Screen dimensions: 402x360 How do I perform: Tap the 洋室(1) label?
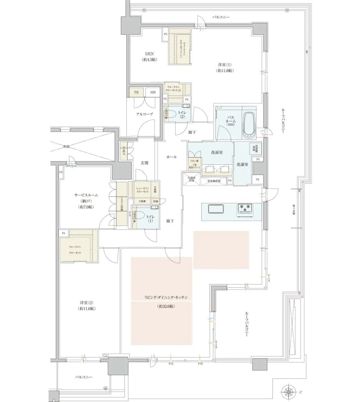pyautogui.click(x=225, y=64)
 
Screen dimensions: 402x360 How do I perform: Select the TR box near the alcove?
pyautogui.click(x=136, y=92)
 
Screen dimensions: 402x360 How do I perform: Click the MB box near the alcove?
pyautogui.click(x=153, y=92)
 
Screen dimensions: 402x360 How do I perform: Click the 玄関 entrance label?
pyautogui.click(x=144, y=163)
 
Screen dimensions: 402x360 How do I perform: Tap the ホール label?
pyautogui.click(x=171, y=157)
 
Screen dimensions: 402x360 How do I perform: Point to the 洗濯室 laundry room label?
pyautogui.click(x=242, y=164)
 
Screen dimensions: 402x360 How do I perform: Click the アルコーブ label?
pyautogui.click(x=144, y=114)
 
